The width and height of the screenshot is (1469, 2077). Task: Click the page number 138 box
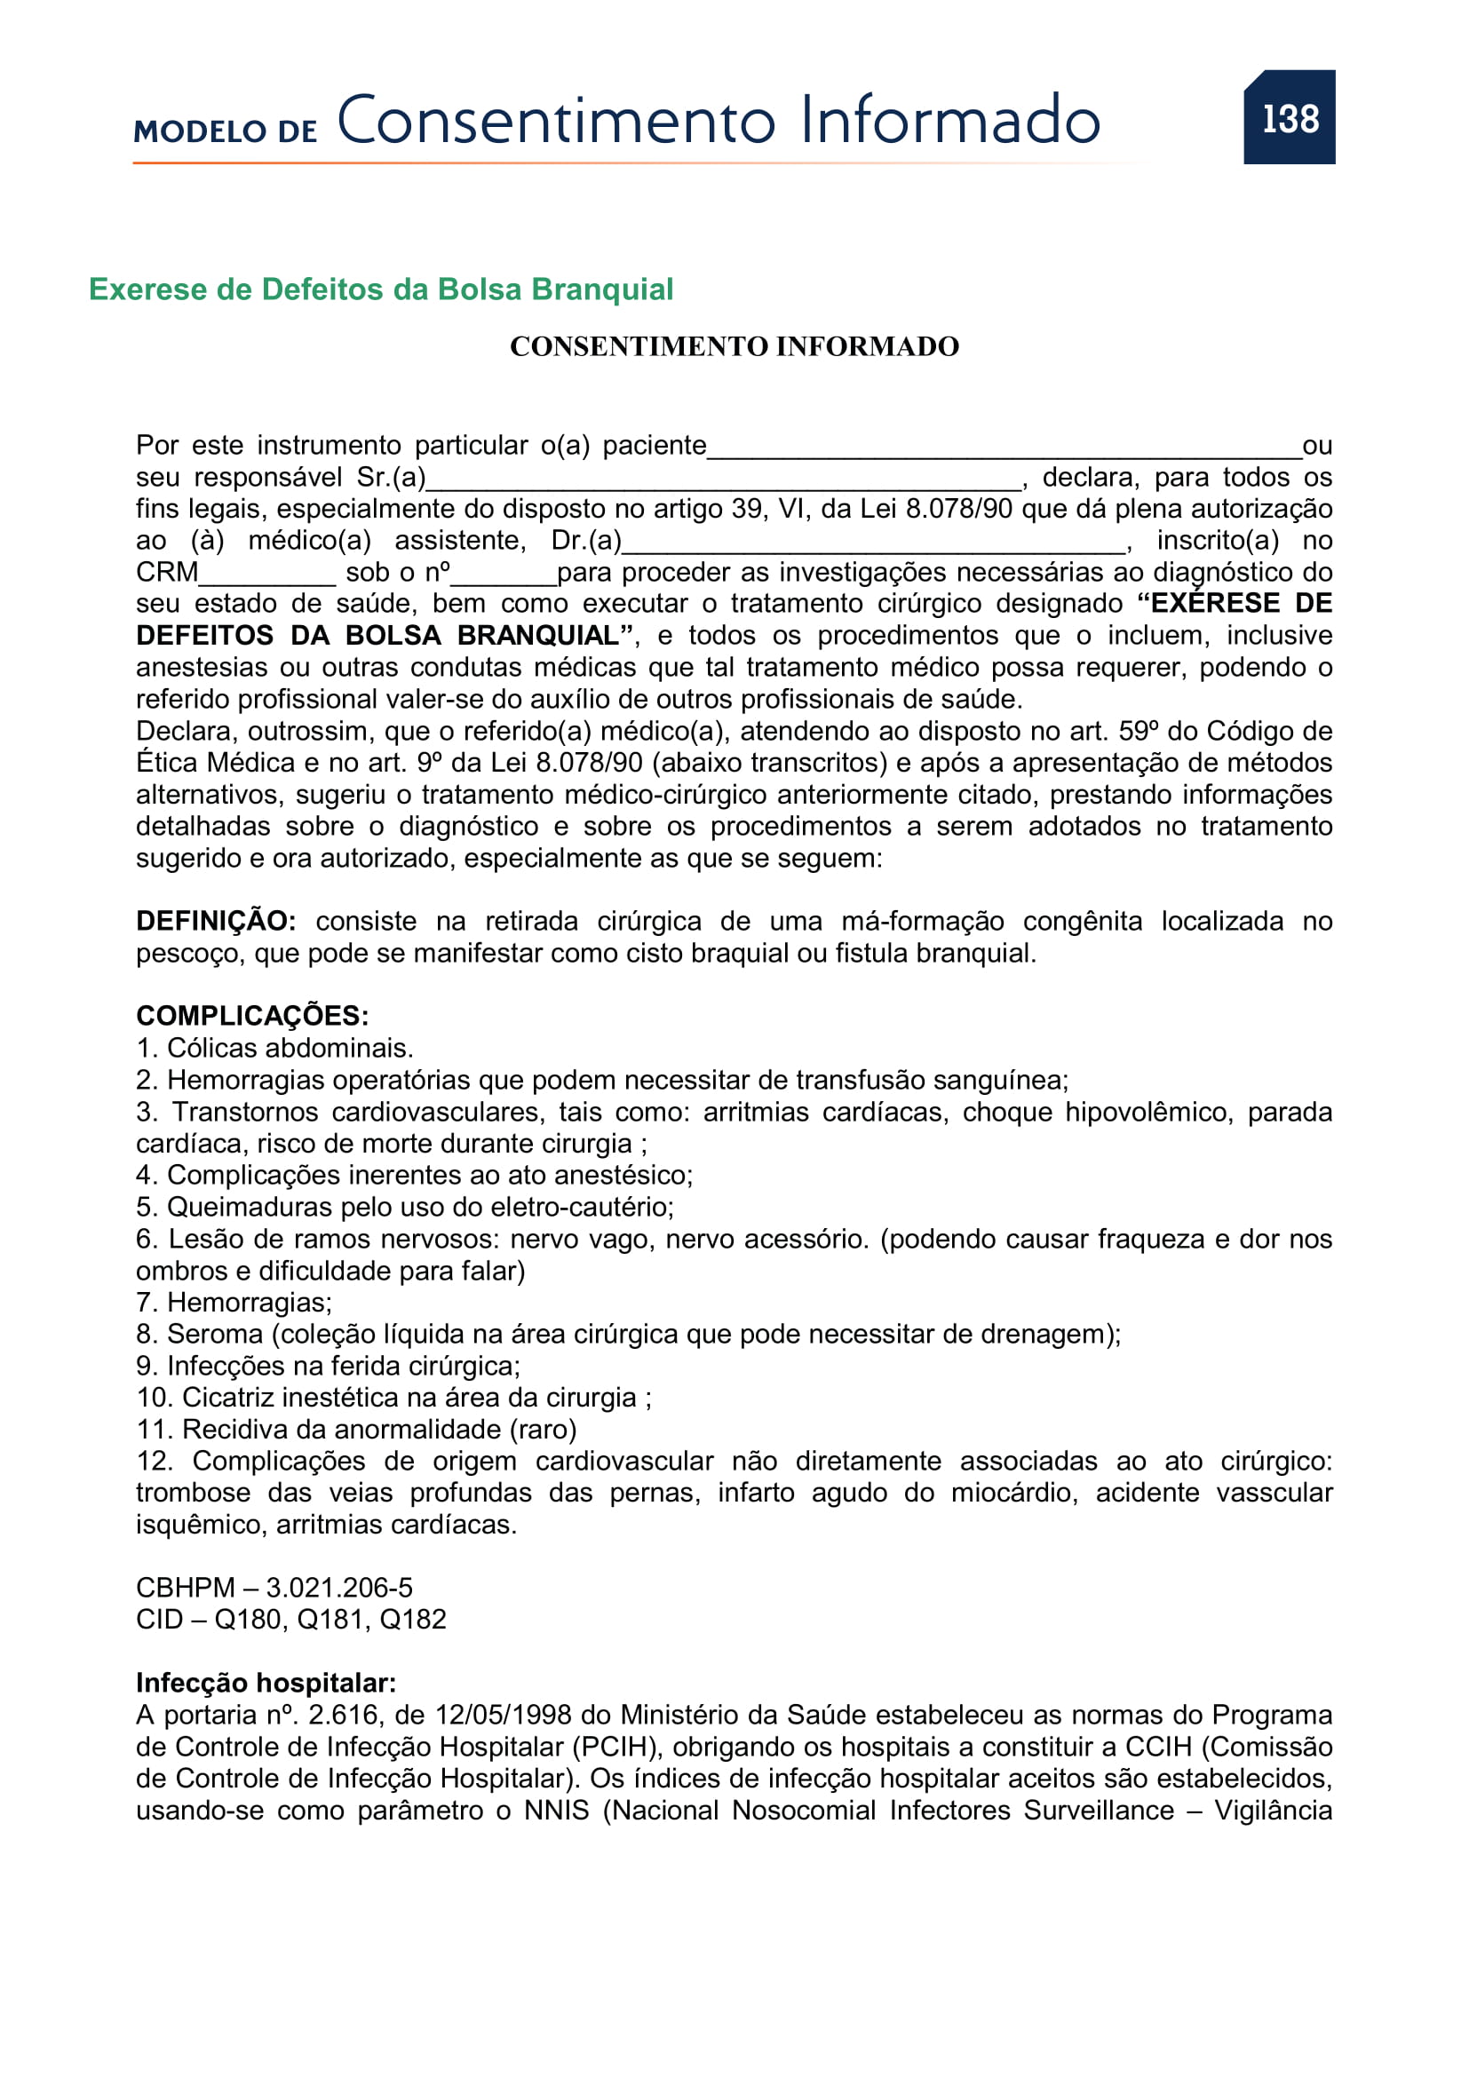[1289, 117]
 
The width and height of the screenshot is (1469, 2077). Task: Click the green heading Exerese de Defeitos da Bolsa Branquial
[381, 289]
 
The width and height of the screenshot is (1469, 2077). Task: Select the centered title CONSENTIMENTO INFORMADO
[734, 346]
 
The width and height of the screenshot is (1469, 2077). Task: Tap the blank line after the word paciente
[1004, 447]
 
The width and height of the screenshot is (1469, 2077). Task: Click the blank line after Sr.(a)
[724, 479]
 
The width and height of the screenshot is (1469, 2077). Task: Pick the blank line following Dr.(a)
[874, 542]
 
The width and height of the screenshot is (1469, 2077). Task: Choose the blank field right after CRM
[266, 574]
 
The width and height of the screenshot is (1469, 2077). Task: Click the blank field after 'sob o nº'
[503, 574]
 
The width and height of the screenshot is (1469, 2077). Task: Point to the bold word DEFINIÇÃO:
[215, 921]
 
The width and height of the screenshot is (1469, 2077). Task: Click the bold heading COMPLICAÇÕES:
[252, 1016]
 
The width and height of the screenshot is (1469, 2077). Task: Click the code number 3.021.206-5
[339, 1588]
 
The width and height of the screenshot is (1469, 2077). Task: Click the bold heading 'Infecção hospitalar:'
[266, 1683]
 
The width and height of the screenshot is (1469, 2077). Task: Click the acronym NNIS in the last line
[556, 1810]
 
